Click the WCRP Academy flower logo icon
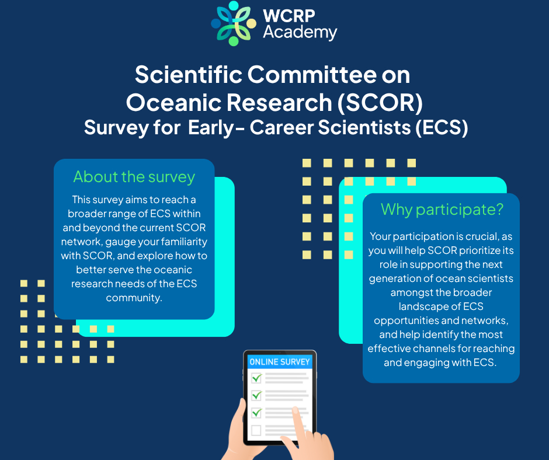coord(234,23)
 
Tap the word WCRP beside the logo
coord(289,16)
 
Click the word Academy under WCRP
coord(300,33)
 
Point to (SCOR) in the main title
coord(380,103)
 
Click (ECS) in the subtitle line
coord(442,127)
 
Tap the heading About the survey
coord(134,177)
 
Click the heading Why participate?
coord(442,210)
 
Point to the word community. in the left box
coord(134,298)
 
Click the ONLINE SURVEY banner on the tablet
coord(280,361)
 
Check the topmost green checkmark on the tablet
coord(257,378)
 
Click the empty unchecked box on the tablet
coord(256,430)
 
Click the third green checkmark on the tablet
coord(257,412)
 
